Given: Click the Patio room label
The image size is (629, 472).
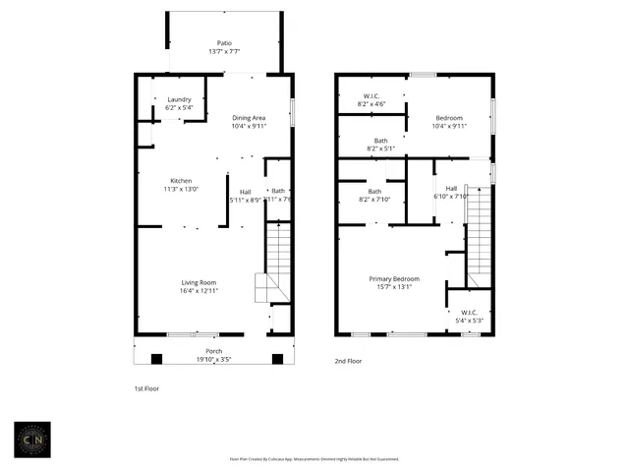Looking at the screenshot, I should click(225, 44).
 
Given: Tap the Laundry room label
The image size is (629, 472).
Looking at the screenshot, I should click(179, 99).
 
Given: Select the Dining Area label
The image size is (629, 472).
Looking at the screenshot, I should click(248, 118).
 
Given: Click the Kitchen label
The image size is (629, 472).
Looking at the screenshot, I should click(181, 181).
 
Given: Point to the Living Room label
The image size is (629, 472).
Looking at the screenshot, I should click(198, 283).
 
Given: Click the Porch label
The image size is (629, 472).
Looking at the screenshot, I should click(213, 351).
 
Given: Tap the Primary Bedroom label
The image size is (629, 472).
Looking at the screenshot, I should click(393, 279).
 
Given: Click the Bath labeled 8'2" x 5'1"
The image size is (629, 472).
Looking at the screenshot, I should click(380, 142).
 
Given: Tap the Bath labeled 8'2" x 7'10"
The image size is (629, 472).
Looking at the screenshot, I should click(374, 192).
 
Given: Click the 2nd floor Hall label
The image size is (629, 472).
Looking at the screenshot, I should click(451, 188).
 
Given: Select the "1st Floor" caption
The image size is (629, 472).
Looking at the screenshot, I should click(146, 388).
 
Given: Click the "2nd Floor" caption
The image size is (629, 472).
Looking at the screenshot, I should click(348, 361).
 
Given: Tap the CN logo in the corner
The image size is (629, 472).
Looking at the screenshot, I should click(37, 440).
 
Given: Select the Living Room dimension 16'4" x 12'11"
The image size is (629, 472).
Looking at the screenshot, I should click(198, 291).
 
